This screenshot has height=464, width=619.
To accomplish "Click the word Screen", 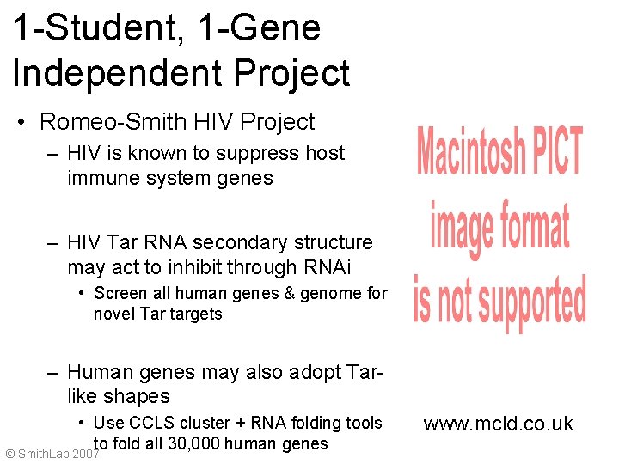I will (120, 293).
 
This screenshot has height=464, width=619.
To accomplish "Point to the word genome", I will (330, 293).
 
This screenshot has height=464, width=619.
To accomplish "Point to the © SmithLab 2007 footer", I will (52, 452).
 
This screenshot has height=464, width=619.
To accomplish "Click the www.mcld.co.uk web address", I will (498, 424).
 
